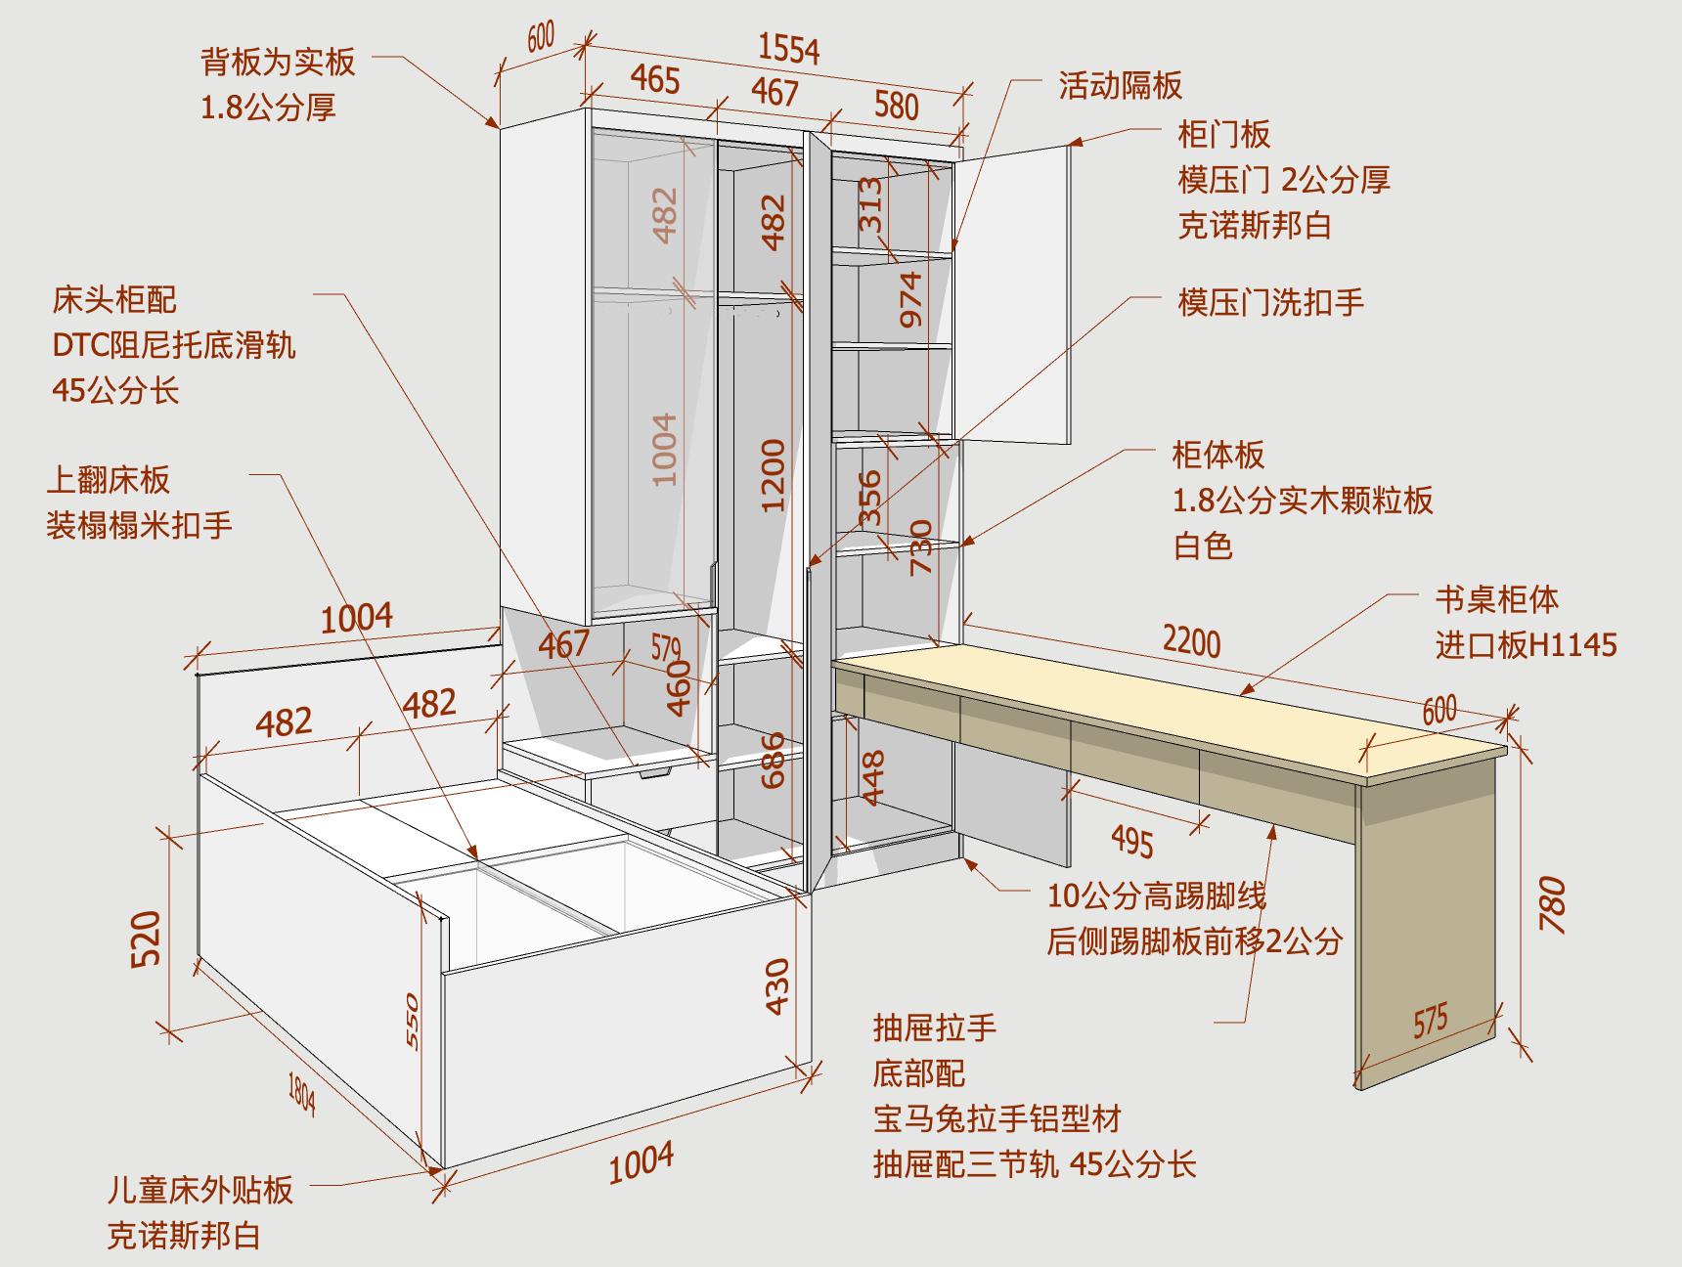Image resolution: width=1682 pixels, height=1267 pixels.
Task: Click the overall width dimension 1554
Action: click(x=788, y=48)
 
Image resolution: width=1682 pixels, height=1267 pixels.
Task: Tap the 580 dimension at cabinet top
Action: click(x=896, y=105)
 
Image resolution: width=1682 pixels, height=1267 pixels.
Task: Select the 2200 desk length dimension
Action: click(x=1191, y=642)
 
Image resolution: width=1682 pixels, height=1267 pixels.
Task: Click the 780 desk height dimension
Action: click(x=1552, y=904)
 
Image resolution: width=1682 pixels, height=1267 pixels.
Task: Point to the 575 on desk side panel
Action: click(x=1430, y=1021)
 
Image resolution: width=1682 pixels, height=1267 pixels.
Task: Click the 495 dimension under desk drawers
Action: click(x=1131, y=841)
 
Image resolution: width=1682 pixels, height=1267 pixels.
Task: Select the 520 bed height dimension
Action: click(x=147, y=938)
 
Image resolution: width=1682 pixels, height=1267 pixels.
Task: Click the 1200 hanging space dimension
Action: click(x=774, y=475)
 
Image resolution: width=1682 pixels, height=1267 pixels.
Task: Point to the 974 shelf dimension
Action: click(x=911, y=299)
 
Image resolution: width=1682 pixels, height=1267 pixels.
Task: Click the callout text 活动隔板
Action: click(x=1120, y=86)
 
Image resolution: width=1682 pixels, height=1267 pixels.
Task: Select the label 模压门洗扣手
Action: click(x=1269, y=302)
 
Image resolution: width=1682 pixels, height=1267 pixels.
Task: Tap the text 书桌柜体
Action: click(x=1496, y=598)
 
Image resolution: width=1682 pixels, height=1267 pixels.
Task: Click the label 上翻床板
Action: click(x=109, y=480)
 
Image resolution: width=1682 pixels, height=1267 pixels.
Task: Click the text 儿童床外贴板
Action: click(x=200, y=1190)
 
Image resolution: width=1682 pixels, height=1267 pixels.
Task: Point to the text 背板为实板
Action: click(x=278, y=62)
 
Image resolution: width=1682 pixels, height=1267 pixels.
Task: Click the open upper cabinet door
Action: click(x=1017, y=293)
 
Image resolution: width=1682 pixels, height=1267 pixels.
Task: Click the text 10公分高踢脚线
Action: click(x=1157, y=895)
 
